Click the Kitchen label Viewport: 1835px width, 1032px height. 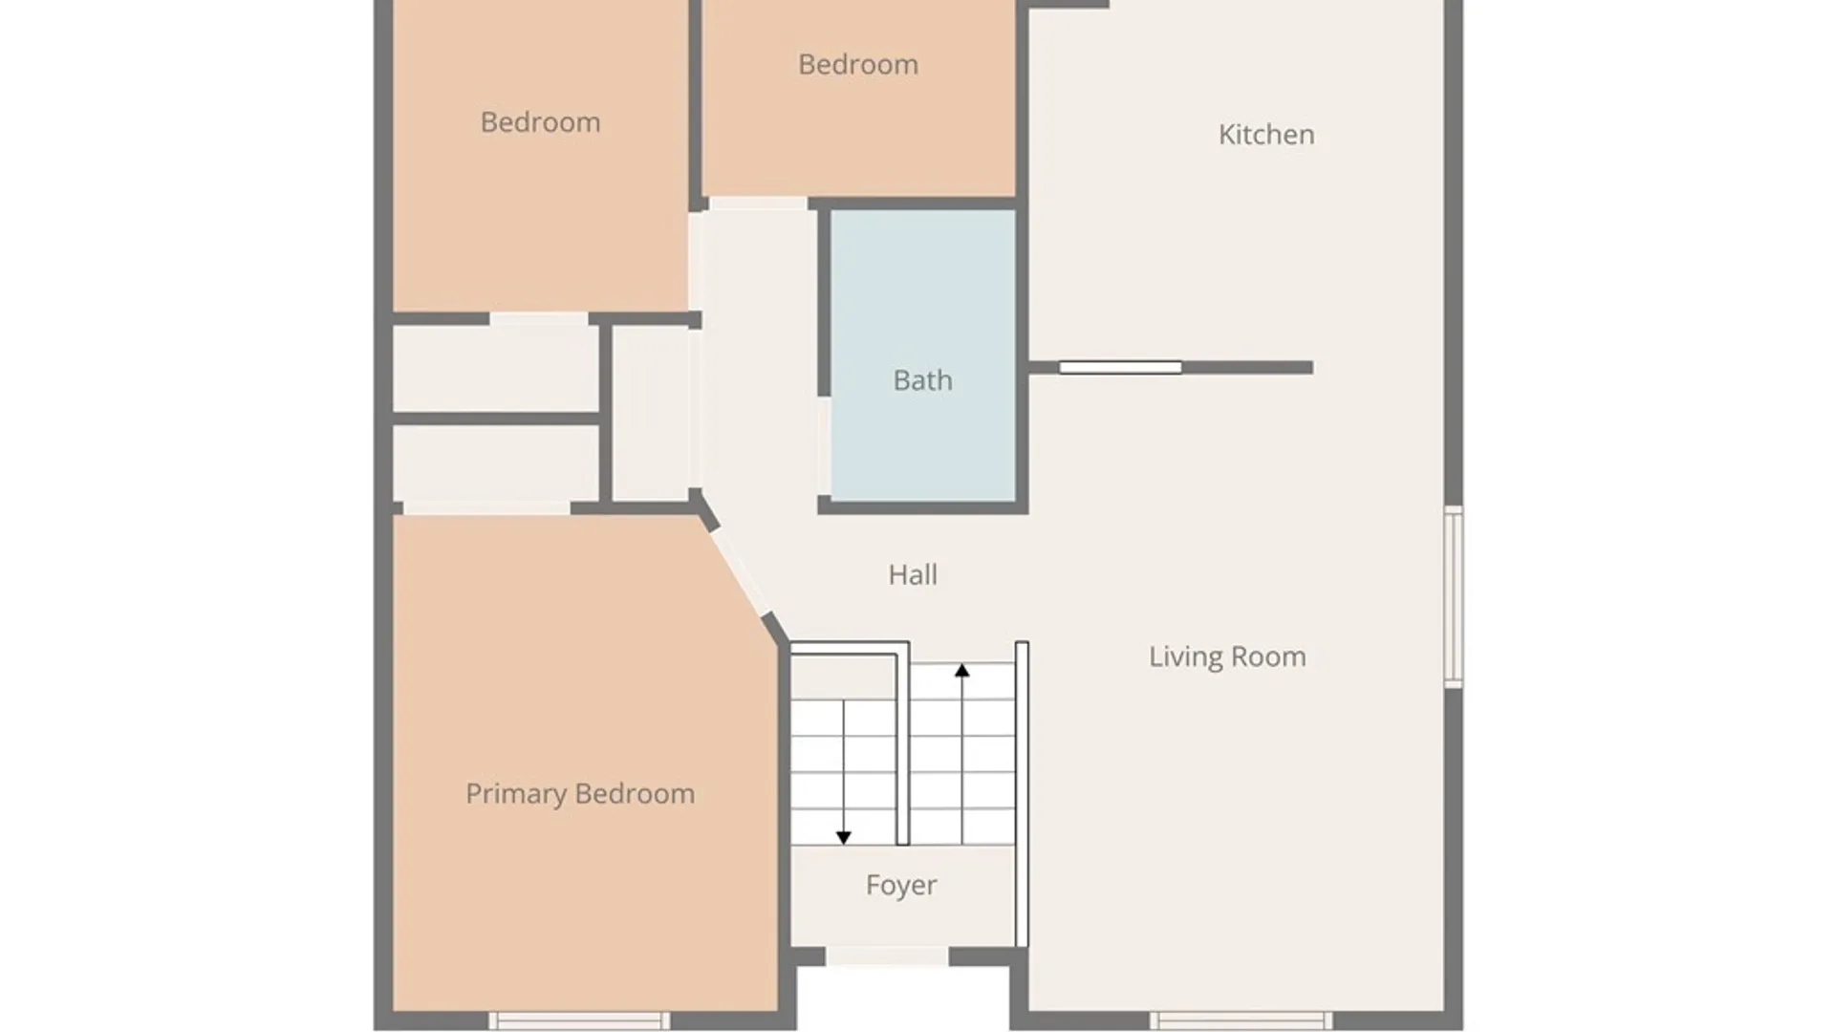coord(1266,135)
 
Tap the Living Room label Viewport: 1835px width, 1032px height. coord(1227,656)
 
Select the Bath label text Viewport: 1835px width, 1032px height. coord(922,380)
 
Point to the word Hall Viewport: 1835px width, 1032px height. coord(913,574)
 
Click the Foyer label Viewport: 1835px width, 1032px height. coord(901,886)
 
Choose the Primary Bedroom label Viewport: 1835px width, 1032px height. coord(580,794)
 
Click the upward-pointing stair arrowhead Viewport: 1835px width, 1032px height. coord(962,671)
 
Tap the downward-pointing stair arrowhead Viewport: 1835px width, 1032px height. coord(844,838)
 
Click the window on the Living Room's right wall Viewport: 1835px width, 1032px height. coord(1453,597)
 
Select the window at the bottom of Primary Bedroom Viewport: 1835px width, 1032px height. coord(579,1021)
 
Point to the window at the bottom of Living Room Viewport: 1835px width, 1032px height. coord(1241,1021)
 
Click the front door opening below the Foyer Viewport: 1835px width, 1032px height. coord(887,957)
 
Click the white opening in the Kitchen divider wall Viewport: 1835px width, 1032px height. coord(1120,368)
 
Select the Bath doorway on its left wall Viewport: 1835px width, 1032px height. coord(823,446)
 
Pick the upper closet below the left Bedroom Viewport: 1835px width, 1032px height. coord(496,369)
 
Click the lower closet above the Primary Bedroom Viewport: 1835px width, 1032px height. coord(496,463)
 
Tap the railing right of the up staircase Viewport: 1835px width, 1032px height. coord(1022,794)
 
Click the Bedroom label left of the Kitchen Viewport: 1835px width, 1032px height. coord(858,64)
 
